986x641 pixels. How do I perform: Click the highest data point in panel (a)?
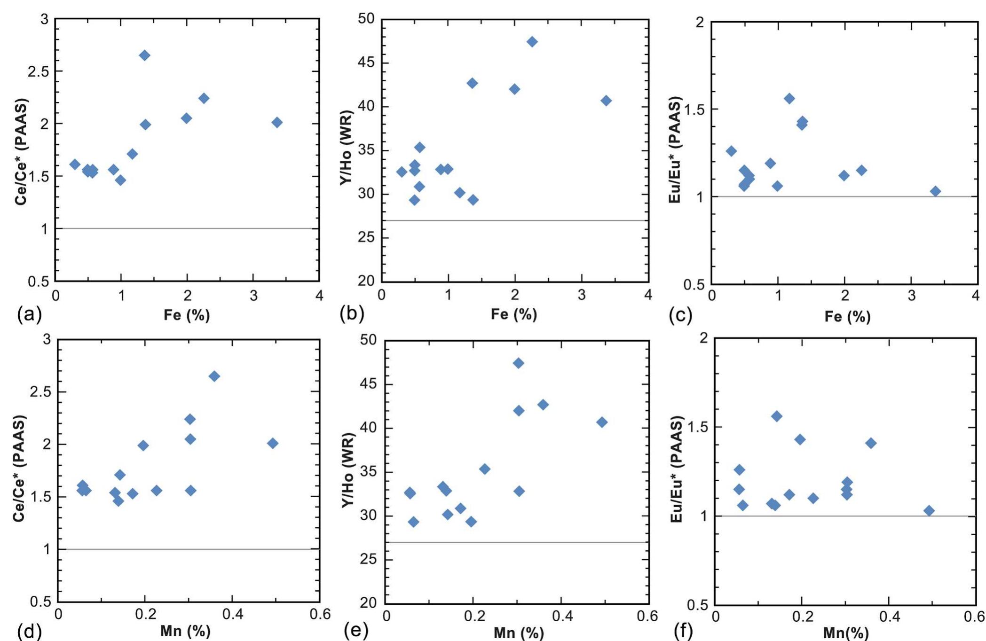(145, 55)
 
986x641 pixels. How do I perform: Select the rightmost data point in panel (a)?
(277, 122)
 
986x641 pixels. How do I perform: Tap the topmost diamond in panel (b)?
(532, 42)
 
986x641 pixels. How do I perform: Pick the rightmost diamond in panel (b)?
(606, 101)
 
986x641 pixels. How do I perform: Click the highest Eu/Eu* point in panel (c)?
(789, 99)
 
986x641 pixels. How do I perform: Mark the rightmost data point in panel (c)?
(935, 191)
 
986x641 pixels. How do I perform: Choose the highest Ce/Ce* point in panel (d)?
(214, 376)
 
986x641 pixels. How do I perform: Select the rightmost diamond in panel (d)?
(273, 443)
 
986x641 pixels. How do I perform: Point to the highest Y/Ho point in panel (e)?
(519, 363)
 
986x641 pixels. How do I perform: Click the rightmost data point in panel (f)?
(929, 511)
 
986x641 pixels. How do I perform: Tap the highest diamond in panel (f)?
(777, 416)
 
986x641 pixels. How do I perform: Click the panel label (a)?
(29, 313)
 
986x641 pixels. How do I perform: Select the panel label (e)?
(356, 630)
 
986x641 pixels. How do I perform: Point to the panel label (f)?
(683, 631)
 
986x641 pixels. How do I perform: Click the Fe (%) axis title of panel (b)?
(514, 314)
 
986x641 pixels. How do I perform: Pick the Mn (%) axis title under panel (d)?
(185, 631)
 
